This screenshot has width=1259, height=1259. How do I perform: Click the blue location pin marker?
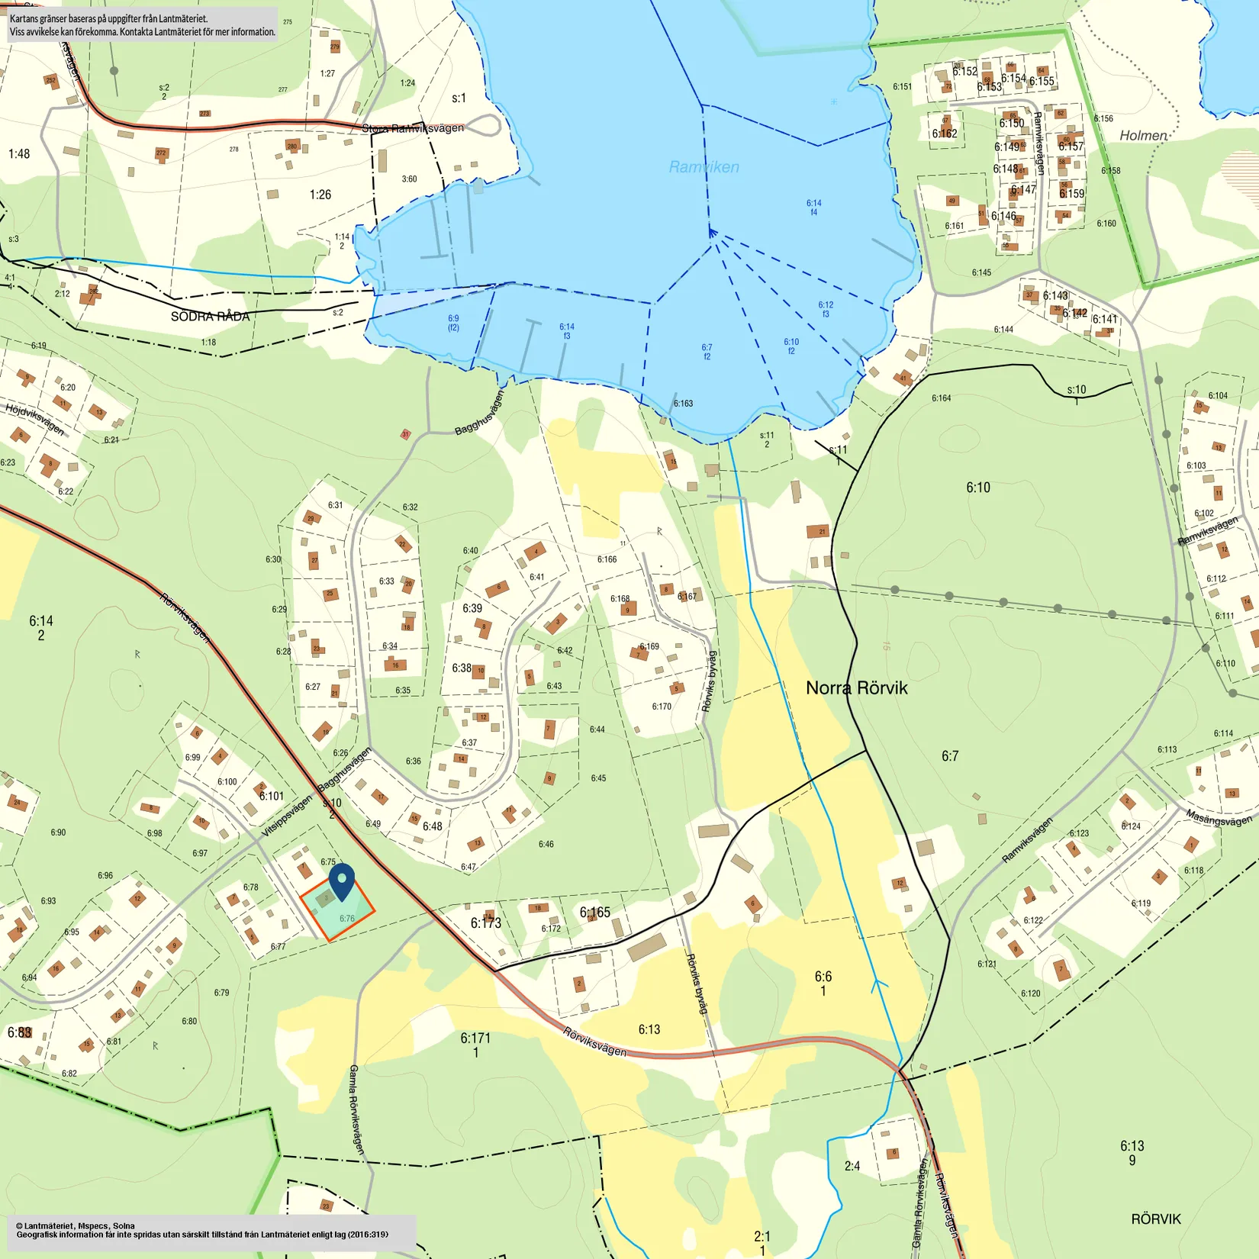pos(343,881)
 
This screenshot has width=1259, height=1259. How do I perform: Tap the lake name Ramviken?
pos(704,167)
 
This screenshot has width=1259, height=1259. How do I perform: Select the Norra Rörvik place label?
pos(856,688)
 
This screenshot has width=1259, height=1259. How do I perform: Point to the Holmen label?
pos(1143,136)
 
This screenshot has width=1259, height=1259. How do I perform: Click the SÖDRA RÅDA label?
pos(210,317)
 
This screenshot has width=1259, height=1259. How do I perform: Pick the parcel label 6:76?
pos(347,919)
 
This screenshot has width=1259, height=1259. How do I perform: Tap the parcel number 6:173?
pos(485,923)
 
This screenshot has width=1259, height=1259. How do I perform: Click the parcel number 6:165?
pos(594,913)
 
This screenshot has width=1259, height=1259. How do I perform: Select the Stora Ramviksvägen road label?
pos(413,128)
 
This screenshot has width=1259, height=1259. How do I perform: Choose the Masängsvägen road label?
pos(1218,818)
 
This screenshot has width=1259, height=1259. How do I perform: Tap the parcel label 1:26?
pos(320,195)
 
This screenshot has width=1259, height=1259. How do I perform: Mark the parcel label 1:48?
pos(19,154)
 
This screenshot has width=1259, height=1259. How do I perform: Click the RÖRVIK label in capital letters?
pos(1155,1219)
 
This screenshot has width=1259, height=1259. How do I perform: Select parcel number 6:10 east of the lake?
pos(978,488)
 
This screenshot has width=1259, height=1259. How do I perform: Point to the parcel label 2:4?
pos(852,1166)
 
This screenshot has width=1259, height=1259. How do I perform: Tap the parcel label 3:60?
pos(410,179)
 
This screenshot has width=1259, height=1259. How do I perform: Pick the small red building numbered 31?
pos(405,434)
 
